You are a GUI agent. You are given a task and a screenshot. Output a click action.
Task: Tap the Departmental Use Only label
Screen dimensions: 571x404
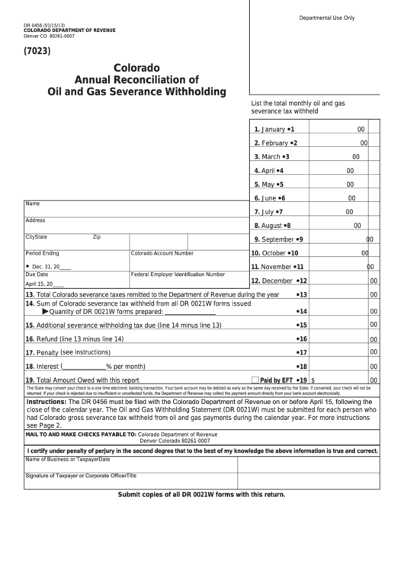click(326, 17)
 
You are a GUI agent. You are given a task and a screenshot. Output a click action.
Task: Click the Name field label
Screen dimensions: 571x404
click(32, 204)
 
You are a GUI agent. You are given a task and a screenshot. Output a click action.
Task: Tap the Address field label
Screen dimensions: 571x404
click(35, 220)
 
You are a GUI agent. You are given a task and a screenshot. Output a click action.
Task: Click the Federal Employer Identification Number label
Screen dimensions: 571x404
click(178, 274)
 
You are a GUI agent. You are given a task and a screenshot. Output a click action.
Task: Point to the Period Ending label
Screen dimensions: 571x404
click(42, 252)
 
